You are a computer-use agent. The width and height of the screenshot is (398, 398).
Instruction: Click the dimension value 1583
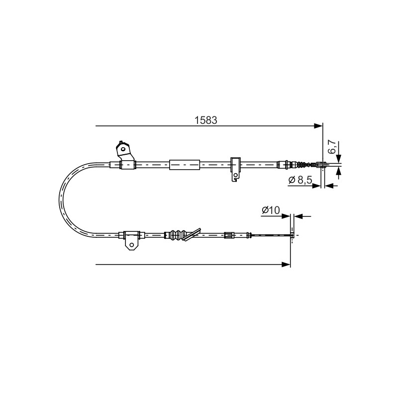pos(206,120)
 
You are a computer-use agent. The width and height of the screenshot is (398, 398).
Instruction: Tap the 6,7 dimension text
pos(332,147)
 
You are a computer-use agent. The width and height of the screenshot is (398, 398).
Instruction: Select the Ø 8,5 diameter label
pos(300,180)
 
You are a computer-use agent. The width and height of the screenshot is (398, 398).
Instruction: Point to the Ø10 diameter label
pos(271,210)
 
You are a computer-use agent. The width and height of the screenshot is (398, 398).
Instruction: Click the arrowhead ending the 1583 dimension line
pos(318,126)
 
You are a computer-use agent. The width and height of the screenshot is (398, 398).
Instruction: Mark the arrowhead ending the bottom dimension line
pos(286,265)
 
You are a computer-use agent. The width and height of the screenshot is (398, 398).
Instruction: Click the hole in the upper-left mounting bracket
pos(123,149)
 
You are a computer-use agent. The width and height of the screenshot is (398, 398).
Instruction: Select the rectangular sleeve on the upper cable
pos(185,165)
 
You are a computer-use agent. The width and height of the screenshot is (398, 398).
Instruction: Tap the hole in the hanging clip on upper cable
pos(236,175)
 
